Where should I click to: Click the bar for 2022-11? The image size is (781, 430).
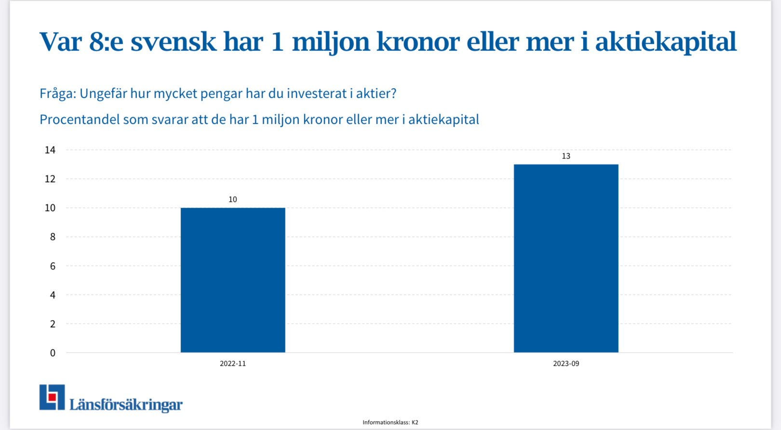(x=233, y=280)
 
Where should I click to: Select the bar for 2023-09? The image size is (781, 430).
(x=566, y=258)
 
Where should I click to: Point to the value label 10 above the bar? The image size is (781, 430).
(x=233, y=200)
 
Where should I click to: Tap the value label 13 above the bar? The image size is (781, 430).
(x=566, y=156)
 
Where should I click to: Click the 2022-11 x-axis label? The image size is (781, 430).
(x=233, y=363)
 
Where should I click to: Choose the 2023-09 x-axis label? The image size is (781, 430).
(x=566, y=363)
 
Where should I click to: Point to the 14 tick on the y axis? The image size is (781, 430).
(x=50, y=150)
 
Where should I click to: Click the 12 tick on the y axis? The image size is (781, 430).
(x=50, y=179)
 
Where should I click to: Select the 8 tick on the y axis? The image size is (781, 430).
(x=53, y=237)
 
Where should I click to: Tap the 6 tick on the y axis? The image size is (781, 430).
(x=53, y=266)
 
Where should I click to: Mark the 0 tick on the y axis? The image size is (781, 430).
(x=53, y=353)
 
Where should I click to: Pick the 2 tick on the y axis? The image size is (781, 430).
(x=53, y=324)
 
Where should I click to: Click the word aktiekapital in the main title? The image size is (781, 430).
(x=665, y=41)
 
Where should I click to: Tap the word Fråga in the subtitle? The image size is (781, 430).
(x=57, y=94)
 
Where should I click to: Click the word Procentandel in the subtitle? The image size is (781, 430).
(x=80, y=120)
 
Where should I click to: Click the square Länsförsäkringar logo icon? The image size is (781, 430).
(x=52, y=397)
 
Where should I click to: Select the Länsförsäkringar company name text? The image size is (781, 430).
(x=126, y=404)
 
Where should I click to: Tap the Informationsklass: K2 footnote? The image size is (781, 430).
(x=390, y=422)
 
